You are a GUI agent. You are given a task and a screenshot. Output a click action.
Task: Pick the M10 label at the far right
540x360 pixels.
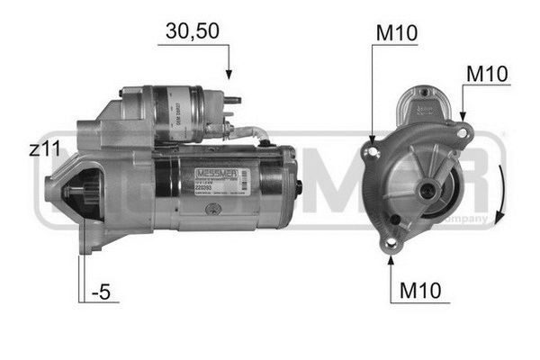coord(487,74)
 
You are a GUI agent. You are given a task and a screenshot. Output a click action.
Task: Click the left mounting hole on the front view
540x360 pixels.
coord(368,151)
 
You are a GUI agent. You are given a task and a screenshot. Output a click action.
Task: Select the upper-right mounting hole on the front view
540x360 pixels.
coord(462,132)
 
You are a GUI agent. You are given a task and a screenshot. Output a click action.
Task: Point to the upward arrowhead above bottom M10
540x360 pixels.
coord(391,262)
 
